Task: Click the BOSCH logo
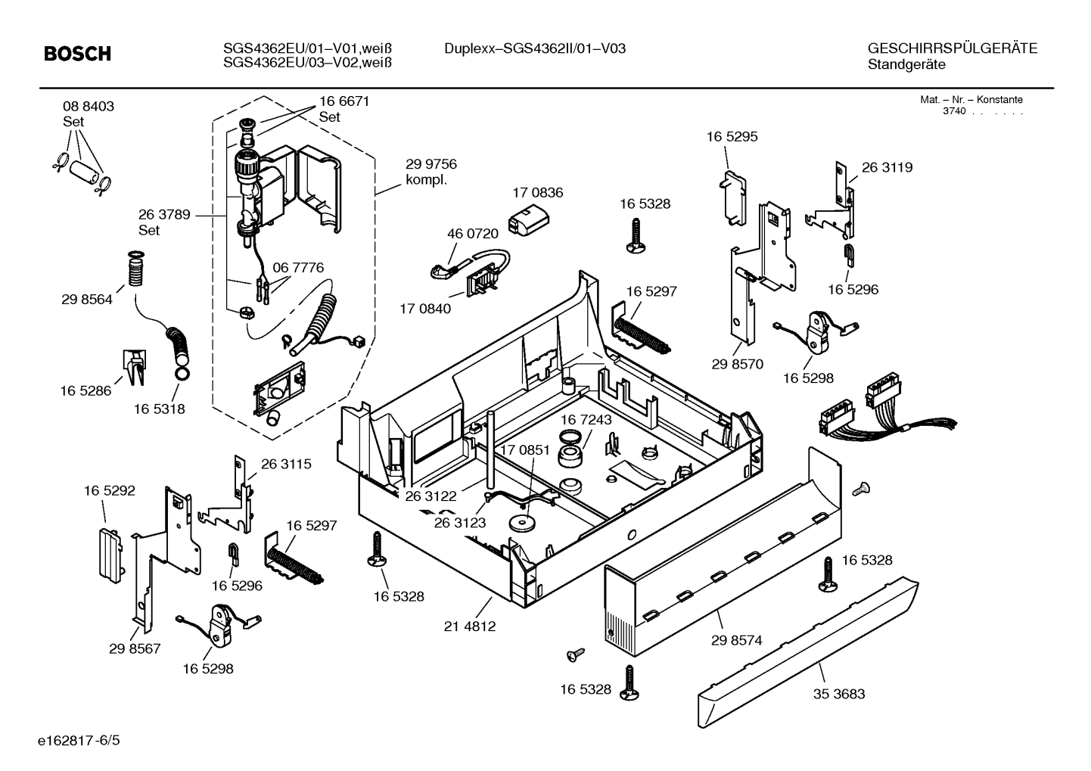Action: point(77,54)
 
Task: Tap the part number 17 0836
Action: point(538,193)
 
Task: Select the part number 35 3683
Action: point(839,694)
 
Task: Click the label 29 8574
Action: point(736,640)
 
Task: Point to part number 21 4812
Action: point(470,626)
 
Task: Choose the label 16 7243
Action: point(586,420)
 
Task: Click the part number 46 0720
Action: point(473,234)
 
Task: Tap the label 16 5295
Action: point(732,137)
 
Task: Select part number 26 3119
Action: point(887,167)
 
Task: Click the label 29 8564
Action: point(87,300)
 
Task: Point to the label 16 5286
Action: point(85,390)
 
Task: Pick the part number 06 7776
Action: point(298,268)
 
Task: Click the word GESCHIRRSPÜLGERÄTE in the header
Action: point(953,48)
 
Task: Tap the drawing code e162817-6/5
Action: point(79,741)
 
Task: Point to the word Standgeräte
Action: point(906,65)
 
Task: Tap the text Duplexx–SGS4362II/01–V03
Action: point(535,48)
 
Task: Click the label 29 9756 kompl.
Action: point(431,172)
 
